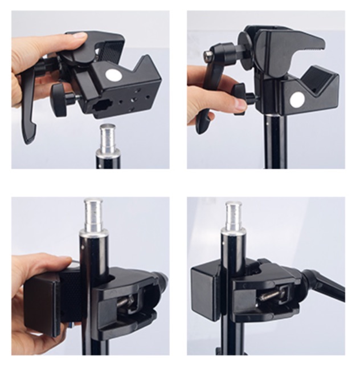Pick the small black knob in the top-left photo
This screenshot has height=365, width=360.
tap(58, 94)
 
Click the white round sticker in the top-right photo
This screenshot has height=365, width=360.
tap(297, 100)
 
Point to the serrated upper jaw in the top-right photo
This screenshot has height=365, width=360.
tap(299, 42)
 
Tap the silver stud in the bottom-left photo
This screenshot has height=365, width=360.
tap(93, 213)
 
